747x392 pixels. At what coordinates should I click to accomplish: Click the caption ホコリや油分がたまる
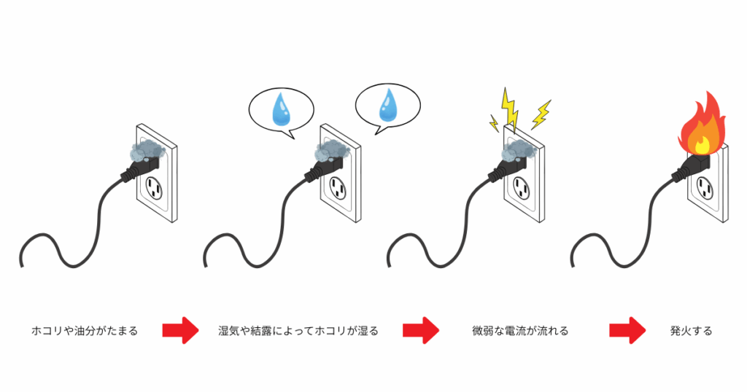click(x=85, y=331)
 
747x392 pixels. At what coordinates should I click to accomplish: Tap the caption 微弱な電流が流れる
click(x=519, y=331)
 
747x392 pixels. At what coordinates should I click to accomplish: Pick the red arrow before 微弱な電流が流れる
click(x=421, y=330)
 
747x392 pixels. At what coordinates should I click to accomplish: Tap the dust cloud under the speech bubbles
click(x=329, y=151)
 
